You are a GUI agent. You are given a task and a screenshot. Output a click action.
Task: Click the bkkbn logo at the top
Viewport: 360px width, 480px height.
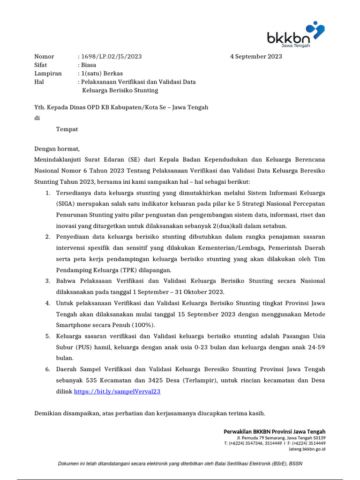pyautogui.click(x=295, y=35)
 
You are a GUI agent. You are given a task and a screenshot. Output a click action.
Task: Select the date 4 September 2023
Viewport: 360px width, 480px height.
pyautogui.click(x=256, y=57)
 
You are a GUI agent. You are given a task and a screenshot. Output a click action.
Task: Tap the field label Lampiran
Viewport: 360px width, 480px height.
pyautogui.click(x=48, y=74)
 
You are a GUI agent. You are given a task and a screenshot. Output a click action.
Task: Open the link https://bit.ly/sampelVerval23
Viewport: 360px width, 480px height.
pyautogui.click(x=117, y=391)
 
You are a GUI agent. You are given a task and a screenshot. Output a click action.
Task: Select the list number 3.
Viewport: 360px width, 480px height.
pyautogui.click(x=48, y=281)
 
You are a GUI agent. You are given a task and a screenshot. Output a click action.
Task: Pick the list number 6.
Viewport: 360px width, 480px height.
pyautogui.click(x=48, y=369)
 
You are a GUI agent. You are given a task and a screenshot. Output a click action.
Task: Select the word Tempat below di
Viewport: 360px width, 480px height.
pyautogui.click(x=67, y=129)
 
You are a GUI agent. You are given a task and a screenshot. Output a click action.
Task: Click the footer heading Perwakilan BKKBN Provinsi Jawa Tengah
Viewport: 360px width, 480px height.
pyautogui.click(x=274, y=432)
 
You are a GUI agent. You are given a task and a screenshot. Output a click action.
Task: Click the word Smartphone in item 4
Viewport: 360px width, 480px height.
pyautogui.click(x=75, y=325)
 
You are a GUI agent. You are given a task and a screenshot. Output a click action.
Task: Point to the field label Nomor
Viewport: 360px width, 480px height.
pyautogui.click(x=44, y=57)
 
